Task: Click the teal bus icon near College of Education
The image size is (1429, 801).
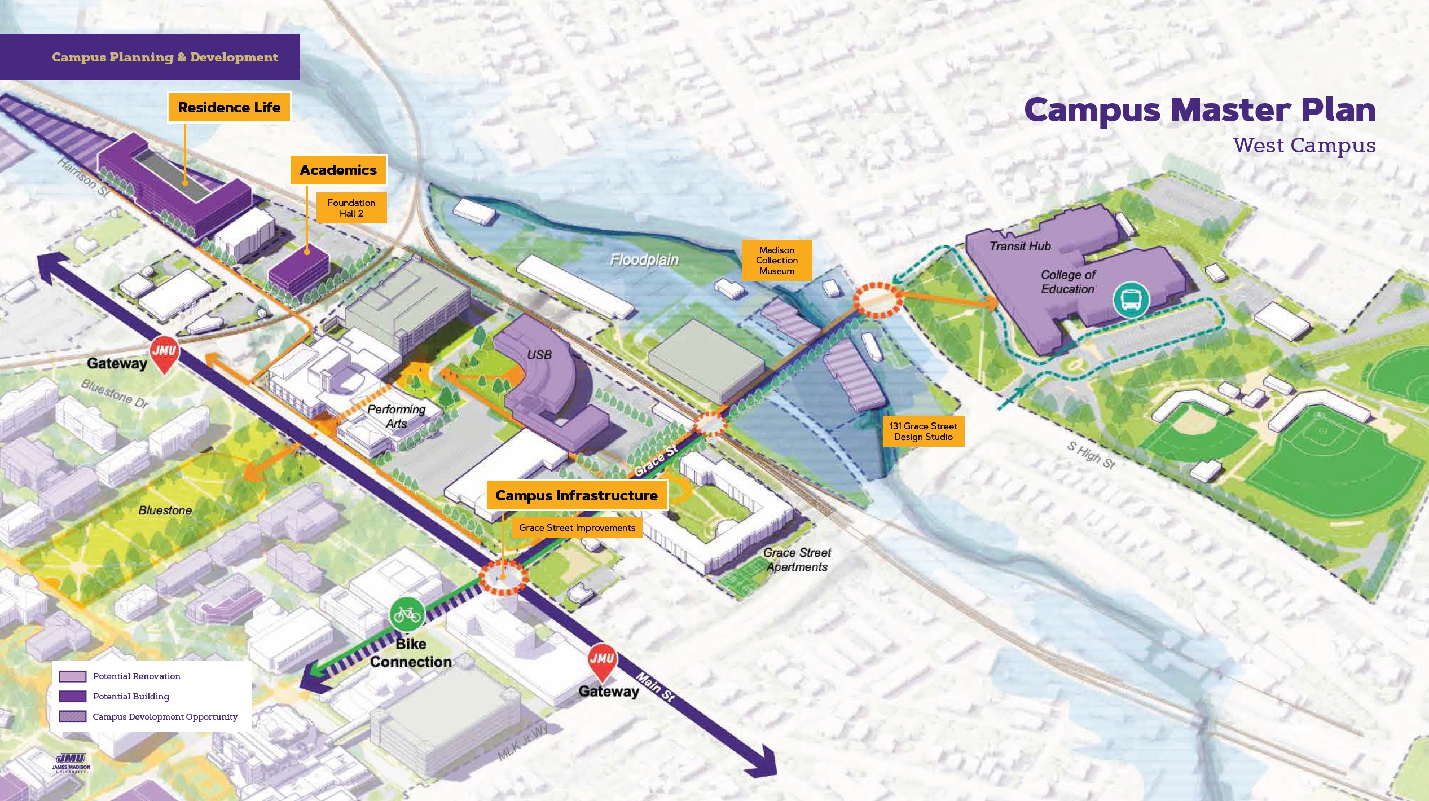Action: click(1131, 300)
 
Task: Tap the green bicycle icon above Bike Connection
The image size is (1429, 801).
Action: click(407, 614)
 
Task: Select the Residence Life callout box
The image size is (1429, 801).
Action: click(229, 107)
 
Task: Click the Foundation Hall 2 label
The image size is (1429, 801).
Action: click(351, 208)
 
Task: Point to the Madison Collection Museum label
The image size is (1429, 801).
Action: click(776, 260)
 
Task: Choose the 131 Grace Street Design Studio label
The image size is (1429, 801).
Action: click(923, 432)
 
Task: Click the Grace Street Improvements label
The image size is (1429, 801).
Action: click(577, 528)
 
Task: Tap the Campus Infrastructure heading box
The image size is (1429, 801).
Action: click(576, 495)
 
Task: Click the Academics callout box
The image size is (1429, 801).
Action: click(338, 170)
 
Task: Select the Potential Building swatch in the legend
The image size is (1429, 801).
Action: click(73, 696)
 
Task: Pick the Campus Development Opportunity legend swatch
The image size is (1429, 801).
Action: click(73, 716)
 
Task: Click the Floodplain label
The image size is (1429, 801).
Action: click(644, 260)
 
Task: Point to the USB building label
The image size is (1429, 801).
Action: click(539, 355)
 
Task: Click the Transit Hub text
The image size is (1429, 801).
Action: click(1020, 246)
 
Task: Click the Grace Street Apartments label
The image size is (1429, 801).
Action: click(797, 560)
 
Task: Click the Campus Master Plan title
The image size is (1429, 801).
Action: click(1199, 109)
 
